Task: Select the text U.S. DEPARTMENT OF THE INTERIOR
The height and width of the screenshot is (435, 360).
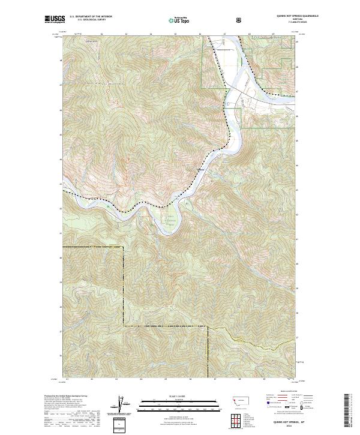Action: [91, 17]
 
